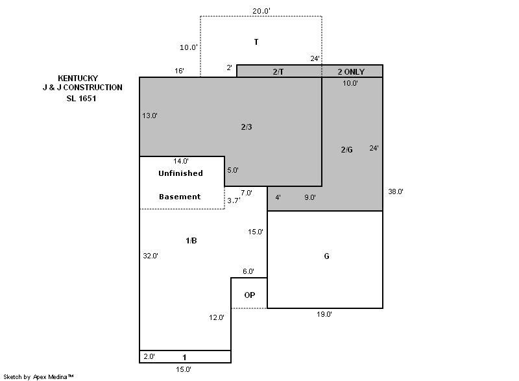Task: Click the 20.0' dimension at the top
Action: click(261, 11)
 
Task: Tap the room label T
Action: click(256, 42)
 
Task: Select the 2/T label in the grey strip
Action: click(278, 72)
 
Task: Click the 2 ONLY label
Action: click(351, 72)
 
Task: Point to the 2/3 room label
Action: click(247, 127)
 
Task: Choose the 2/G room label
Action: click(347, 150)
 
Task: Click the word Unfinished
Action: click(180, 173)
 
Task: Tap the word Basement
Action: click(180, 197)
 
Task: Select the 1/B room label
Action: click(191, 241)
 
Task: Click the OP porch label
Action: click(250, 295)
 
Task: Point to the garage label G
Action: click(327, 256)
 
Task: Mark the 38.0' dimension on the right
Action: click(396, 191)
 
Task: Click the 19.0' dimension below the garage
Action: click(324, 314)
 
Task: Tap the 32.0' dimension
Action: click(151, 256)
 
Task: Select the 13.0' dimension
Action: click(150, 116)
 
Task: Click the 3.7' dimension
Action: click(234, 201)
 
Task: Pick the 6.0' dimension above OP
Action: click(248, 271)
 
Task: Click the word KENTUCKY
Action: click(78, 78)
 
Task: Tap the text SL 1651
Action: click(82, 98)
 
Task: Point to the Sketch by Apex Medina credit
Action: click(38, 376)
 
